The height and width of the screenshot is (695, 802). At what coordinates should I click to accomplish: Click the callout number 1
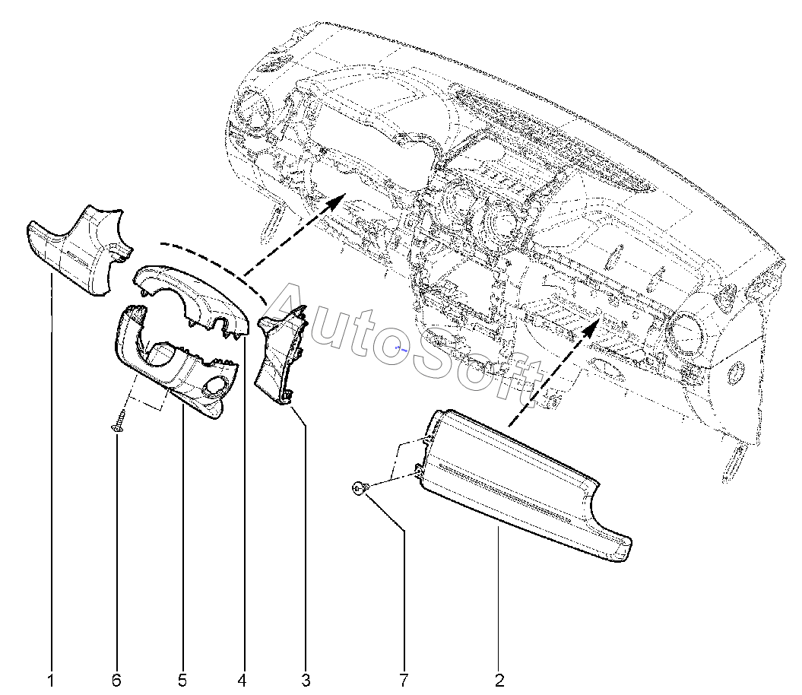[51, 680]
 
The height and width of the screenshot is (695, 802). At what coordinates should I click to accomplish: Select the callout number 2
[499, 680]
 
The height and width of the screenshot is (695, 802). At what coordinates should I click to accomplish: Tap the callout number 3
[306, 680]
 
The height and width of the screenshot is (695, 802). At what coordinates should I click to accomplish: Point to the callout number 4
[242, 680]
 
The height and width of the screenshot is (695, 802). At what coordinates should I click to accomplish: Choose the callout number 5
[182, 680]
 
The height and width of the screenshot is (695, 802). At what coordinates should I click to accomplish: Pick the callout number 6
[116, 680]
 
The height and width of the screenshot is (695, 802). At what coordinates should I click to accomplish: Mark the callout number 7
[403, 680]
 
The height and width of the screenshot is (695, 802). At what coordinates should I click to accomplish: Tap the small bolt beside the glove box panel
[360, 488]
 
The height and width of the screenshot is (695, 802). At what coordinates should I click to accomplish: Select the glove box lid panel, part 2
[517, 487]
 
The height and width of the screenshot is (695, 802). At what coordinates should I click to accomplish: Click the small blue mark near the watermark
[402, 347]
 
